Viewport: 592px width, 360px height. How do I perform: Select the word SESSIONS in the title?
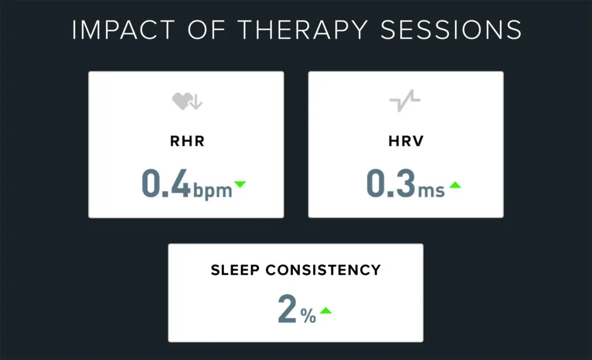click(x=450, y=30)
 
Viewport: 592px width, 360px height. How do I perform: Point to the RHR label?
click(x=186, y=141)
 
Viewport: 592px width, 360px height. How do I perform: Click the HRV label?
click(x=405, y=141)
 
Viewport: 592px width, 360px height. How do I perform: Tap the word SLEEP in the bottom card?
click(x=235, y=270)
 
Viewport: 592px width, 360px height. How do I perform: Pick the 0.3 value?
click(x=389, y=183)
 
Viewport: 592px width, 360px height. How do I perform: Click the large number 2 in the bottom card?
click(x=287, y=310)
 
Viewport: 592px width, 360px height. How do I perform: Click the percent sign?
click(x=308, y=317)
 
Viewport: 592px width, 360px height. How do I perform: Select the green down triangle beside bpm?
click(x=240, y=184)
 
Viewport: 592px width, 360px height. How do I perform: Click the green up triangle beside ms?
click(x=455, y=184)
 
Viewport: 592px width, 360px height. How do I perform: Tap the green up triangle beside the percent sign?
click(x=326, y=310)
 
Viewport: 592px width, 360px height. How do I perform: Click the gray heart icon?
click(x=181, y=102)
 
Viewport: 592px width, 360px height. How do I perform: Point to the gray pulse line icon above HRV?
click(x=405, y=101)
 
